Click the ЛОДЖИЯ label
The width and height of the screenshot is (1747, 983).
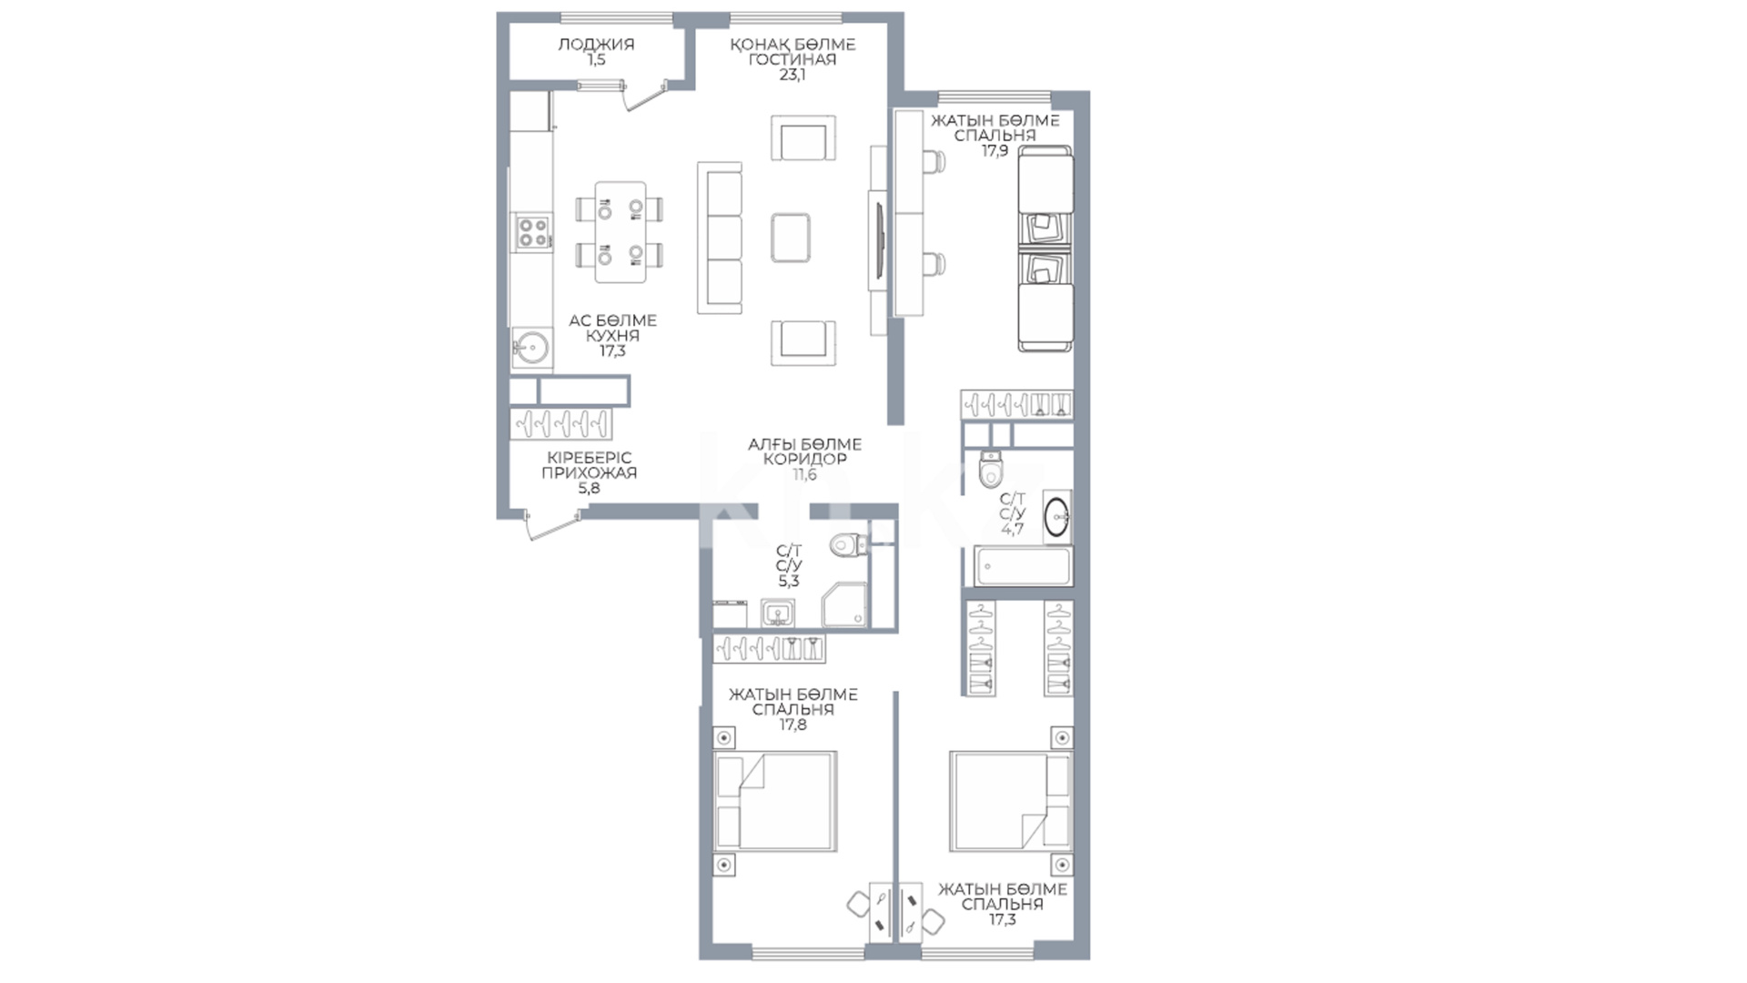596,44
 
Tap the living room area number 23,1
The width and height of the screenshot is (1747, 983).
793,75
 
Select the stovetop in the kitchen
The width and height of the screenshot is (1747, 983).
531,232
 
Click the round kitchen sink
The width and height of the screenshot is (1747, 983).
530,347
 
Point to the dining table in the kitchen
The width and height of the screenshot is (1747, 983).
621,232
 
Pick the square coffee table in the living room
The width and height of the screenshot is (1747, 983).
790,237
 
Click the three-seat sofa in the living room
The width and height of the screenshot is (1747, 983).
720,238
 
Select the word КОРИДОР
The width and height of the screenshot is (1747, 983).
804,460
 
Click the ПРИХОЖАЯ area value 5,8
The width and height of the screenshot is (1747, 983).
589,489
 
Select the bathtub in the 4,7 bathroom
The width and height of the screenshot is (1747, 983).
1022,566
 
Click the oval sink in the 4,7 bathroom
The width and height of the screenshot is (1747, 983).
1056,516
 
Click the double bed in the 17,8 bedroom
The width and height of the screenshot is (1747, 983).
775,801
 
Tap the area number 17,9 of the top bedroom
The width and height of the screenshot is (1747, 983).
995,151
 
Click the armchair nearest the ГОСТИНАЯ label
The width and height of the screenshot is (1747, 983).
803,138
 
